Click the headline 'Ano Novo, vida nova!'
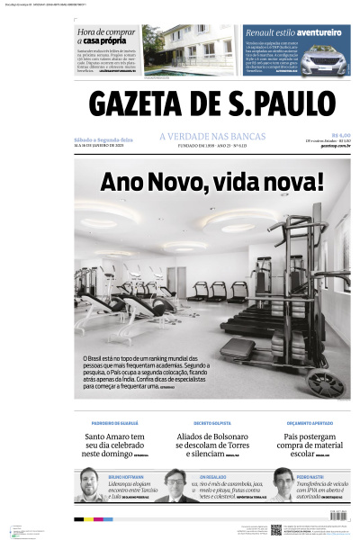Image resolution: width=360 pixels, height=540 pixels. pyautogui.click(x=211, y=182)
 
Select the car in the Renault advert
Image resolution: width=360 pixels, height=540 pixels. pyautogui.click(x=323, y=61)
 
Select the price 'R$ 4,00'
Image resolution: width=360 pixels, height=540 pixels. pyautogui.click(x=339, y=135)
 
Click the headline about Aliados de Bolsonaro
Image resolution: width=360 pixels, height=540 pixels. pyautogui.click(x=211, y=441)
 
